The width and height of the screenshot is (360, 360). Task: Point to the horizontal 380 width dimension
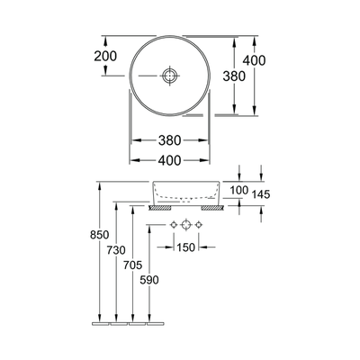170,140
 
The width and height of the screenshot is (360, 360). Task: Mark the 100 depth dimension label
238,190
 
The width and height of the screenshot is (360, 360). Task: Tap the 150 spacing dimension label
186,247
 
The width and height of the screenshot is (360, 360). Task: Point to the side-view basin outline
186,192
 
